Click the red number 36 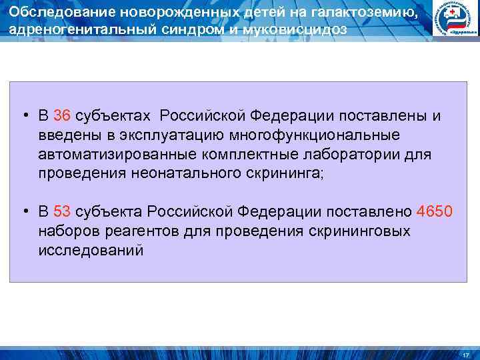point(62,116)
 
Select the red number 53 point(62,212)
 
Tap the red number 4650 point(434,212)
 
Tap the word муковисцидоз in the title point(294,29)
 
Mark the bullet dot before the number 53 point(24,213)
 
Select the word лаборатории point(371,155)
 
